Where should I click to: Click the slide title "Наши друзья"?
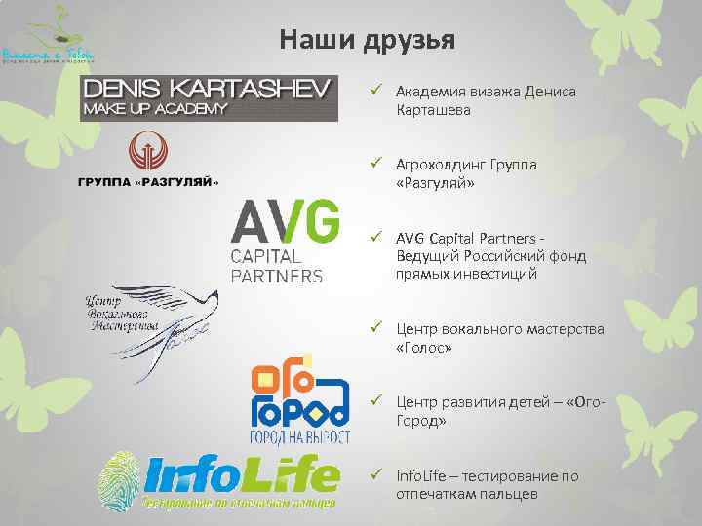coord(367,40)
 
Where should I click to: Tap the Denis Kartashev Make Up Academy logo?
coord(209,96)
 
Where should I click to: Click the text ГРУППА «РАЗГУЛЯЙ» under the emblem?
coord(148,182)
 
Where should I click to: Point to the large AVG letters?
coord(284,221)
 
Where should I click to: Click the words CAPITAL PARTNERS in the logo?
coord(276,266)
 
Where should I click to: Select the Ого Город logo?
coord(299,399)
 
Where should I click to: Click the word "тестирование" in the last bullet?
coord(514,475)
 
